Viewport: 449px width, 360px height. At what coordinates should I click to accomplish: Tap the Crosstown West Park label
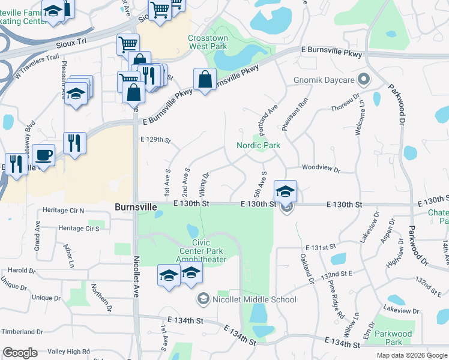[x=208, y=41]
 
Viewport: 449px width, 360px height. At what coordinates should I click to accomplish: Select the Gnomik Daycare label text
[x=325, y=79]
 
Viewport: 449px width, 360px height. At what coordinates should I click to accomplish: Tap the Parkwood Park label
[x=394, y=338]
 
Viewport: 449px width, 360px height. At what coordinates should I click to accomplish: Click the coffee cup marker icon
[x=43, y=155]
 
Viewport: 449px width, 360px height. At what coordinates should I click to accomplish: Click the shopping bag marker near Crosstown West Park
[x=205, y=79]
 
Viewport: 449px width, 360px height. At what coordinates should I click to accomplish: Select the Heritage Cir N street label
[x=64, y=211]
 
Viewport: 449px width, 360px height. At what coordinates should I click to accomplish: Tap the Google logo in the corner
[x=20, y=353]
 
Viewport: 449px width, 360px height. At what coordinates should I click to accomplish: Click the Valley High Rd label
[x=68, y=352]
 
